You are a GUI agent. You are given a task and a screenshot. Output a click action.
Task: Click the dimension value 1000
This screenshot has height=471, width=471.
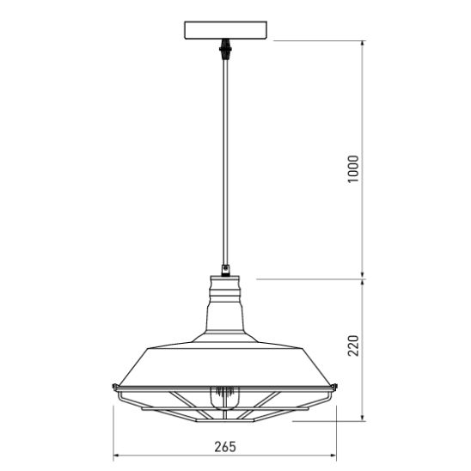click(353, 168)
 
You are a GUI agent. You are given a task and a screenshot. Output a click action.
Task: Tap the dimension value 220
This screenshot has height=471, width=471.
click(353, 346)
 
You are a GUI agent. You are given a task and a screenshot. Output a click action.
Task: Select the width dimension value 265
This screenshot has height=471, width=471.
click(225, 447)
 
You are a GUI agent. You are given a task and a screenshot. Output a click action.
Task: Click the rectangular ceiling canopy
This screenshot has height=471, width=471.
click(225, 30)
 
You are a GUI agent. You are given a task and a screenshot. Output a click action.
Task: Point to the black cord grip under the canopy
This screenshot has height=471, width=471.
click(225, 49)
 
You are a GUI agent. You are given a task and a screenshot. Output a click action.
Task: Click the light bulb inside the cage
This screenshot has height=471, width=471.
click(225, 397)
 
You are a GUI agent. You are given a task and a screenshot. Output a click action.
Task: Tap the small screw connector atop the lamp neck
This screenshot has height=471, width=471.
click(225, 270)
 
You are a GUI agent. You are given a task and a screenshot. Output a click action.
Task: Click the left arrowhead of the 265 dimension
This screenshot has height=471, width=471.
click(116, 456)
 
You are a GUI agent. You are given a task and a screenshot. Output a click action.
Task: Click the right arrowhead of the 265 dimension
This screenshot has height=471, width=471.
click(333, 456)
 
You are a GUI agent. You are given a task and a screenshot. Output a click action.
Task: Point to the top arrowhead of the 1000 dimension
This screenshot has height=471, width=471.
click(363, 44)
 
